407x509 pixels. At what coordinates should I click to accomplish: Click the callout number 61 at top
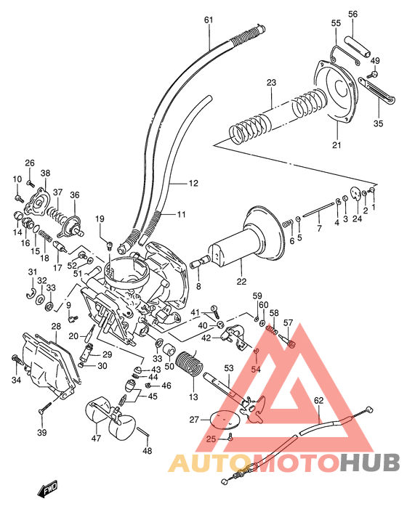click(x=209, y=20)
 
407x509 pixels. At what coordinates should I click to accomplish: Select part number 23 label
click(x=271, y=84)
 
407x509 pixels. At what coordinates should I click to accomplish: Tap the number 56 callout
click(x=353, y=14)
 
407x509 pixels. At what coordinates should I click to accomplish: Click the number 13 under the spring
click(x=193, y=397)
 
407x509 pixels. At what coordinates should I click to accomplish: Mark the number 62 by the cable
click(x=318, y=400)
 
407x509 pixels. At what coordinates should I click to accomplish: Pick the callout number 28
click(x=56, y=327)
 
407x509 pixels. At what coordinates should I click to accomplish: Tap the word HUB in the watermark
click(x=369, y=462)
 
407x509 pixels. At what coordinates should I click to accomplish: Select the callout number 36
click(x=74, y=195)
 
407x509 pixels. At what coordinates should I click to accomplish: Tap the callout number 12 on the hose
click(x=193, y=184)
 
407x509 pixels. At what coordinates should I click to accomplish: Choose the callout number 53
click(x=229, y=370)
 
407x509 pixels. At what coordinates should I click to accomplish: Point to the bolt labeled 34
click(x=15, y=357)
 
